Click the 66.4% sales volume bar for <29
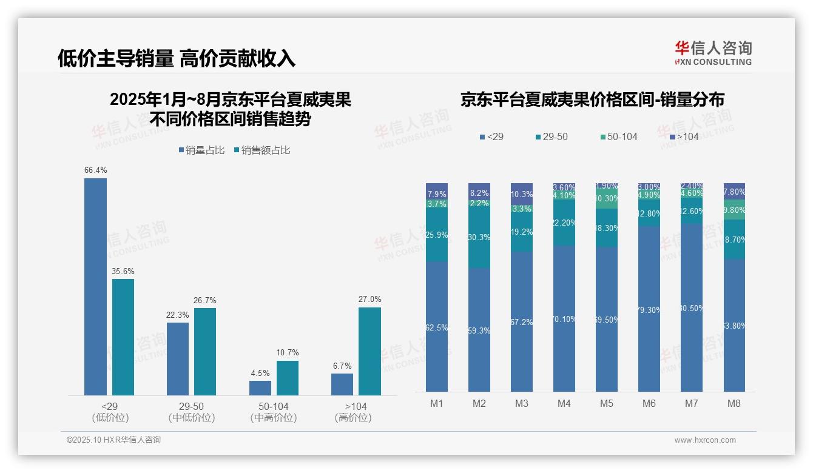[95, 286]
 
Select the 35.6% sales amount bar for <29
[123, 337]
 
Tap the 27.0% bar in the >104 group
[369, 351]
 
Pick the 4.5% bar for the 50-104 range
[260, 388]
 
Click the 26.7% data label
[204, 301]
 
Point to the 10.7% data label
[287, 353]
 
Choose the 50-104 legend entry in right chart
[618, 137]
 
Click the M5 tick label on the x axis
[607, 403]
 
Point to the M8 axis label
[734, 403]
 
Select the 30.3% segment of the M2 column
[479, 238]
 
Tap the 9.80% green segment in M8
[734, 210]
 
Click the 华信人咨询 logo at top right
[713, 53]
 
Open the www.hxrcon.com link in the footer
[705, 440]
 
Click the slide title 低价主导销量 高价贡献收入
[177, 58]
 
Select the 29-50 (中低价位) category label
[192, 412]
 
